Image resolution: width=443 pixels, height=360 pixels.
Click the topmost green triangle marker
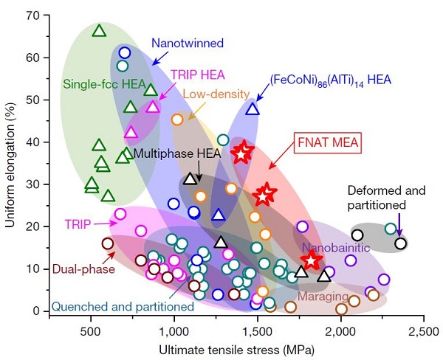pos(100,30)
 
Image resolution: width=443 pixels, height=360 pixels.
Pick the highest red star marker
pos(242,153)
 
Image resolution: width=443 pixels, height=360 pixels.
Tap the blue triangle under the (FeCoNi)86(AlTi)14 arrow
pos(253,108)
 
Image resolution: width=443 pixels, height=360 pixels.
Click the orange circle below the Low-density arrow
pos(177,119)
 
